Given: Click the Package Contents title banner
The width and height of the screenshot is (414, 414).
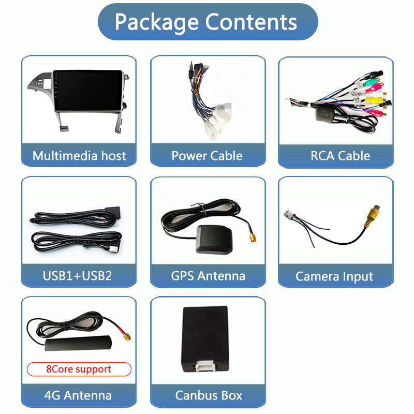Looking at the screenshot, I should pos(207,22).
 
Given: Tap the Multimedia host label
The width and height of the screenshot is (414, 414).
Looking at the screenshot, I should pos(79,156).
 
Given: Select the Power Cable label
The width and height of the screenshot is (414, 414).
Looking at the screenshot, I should pos(207,156).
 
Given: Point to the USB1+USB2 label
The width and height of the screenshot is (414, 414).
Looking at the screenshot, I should pos(77,275).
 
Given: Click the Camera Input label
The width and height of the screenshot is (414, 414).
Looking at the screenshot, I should pos(334,276).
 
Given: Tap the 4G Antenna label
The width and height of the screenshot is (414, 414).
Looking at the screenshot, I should pos(78,395).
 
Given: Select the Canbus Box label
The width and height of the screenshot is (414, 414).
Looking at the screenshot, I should pos(208,395).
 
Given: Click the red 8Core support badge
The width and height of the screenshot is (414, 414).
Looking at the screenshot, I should pos(79,369).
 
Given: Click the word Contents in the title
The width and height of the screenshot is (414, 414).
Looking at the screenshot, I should pos(251,22).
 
